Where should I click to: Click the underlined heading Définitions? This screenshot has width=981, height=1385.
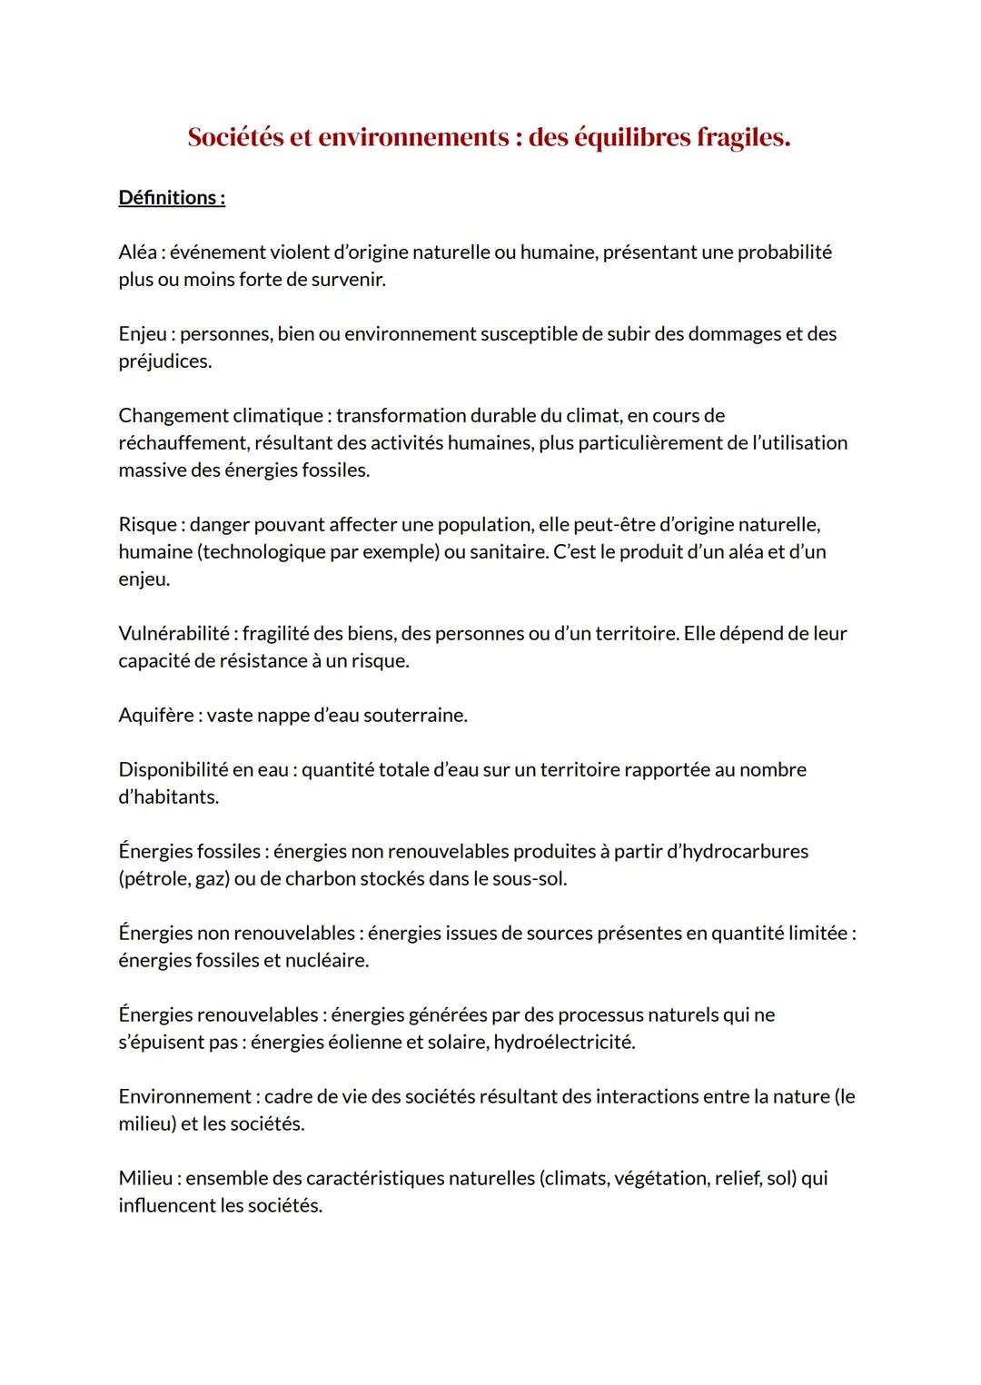(172, 198)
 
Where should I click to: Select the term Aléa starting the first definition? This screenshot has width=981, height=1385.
(137, 252)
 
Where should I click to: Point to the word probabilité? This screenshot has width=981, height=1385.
(784, 252)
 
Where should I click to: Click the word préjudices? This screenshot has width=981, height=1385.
(163, 361)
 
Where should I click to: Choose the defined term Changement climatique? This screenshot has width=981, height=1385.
(221, 416)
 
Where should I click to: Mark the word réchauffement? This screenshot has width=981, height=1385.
(183, 443)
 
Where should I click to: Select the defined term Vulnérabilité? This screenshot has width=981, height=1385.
(173, 634)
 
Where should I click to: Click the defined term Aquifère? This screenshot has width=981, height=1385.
(155, 716)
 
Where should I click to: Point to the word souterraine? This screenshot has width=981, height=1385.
(415, 716)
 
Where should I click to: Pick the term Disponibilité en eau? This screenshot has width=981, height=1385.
(203, 770)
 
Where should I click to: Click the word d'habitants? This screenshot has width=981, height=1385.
(168, 797)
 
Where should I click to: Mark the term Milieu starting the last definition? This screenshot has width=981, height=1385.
(145, 1179)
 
